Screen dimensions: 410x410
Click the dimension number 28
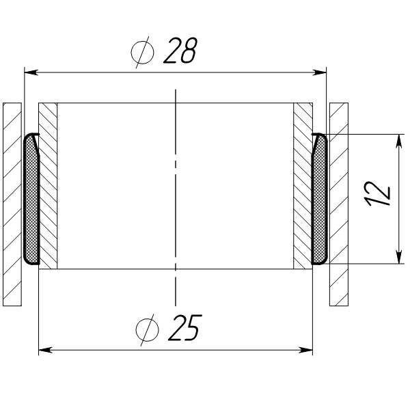pos(180,51)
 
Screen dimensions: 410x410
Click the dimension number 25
pos(185,327)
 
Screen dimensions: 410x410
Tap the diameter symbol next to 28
pos(143,53)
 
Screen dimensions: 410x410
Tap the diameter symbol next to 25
pos(147,330)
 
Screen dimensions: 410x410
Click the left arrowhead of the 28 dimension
pos(31,72)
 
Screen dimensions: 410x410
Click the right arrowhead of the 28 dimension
pos(320,72)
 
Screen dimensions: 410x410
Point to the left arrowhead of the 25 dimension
pos(46,350)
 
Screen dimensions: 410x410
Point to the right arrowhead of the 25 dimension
pos(306,350)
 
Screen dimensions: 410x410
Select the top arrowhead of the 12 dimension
pos(399,141)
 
